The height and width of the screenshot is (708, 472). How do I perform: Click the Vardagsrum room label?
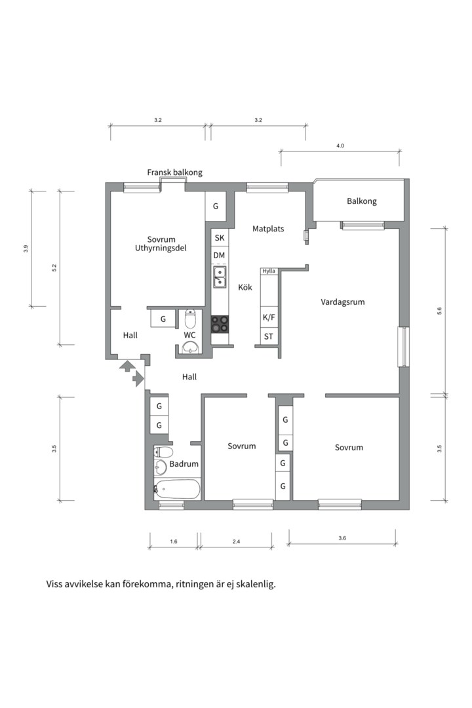coord(342,302)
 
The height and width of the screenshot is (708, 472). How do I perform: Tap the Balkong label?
coord(362,201)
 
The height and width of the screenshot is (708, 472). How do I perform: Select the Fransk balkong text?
coord(174,172)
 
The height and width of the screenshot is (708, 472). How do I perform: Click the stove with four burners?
coord(220,324)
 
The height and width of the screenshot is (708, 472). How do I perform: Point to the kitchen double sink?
coord(220,277)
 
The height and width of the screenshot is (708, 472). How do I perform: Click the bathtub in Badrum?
coord(178,489)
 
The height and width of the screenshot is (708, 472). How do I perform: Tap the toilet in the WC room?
coord(191,319)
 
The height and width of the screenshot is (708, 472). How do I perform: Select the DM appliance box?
coord(219,255)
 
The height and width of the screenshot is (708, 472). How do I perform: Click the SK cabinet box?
coord(219,237)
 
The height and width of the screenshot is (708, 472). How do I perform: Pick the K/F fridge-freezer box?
coord(269,317)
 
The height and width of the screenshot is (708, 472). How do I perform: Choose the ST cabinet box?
coord(269,337)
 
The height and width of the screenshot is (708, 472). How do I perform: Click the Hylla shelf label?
coord(269,271)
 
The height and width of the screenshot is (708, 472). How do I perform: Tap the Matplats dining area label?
coord(268,229)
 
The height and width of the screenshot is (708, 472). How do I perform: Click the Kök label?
coord(245,287)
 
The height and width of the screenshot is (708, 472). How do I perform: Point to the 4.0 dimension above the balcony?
coord(340,146)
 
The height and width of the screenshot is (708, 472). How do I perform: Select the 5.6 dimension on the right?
coord(439,311)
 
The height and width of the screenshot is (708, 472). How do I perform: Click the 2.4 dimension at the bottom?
coord(236,541)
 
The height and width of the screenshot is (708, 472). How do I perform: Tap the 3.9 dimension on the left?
coord(26,248)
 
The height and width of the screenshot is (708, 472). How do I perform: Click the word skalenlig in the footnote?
coord(254,584)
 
